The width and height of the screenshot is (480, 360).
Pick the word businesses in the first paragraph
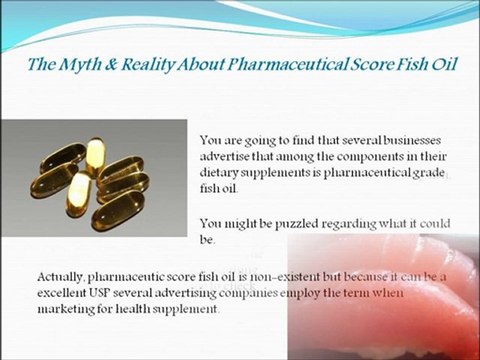pyautogui.click(x=379, y=140)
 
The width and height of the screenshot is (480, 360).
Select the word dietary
pyautogui.click(x=224, y=172)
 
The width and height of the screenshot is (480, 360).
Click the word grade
pyautogui.click(x=419, y=172)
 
